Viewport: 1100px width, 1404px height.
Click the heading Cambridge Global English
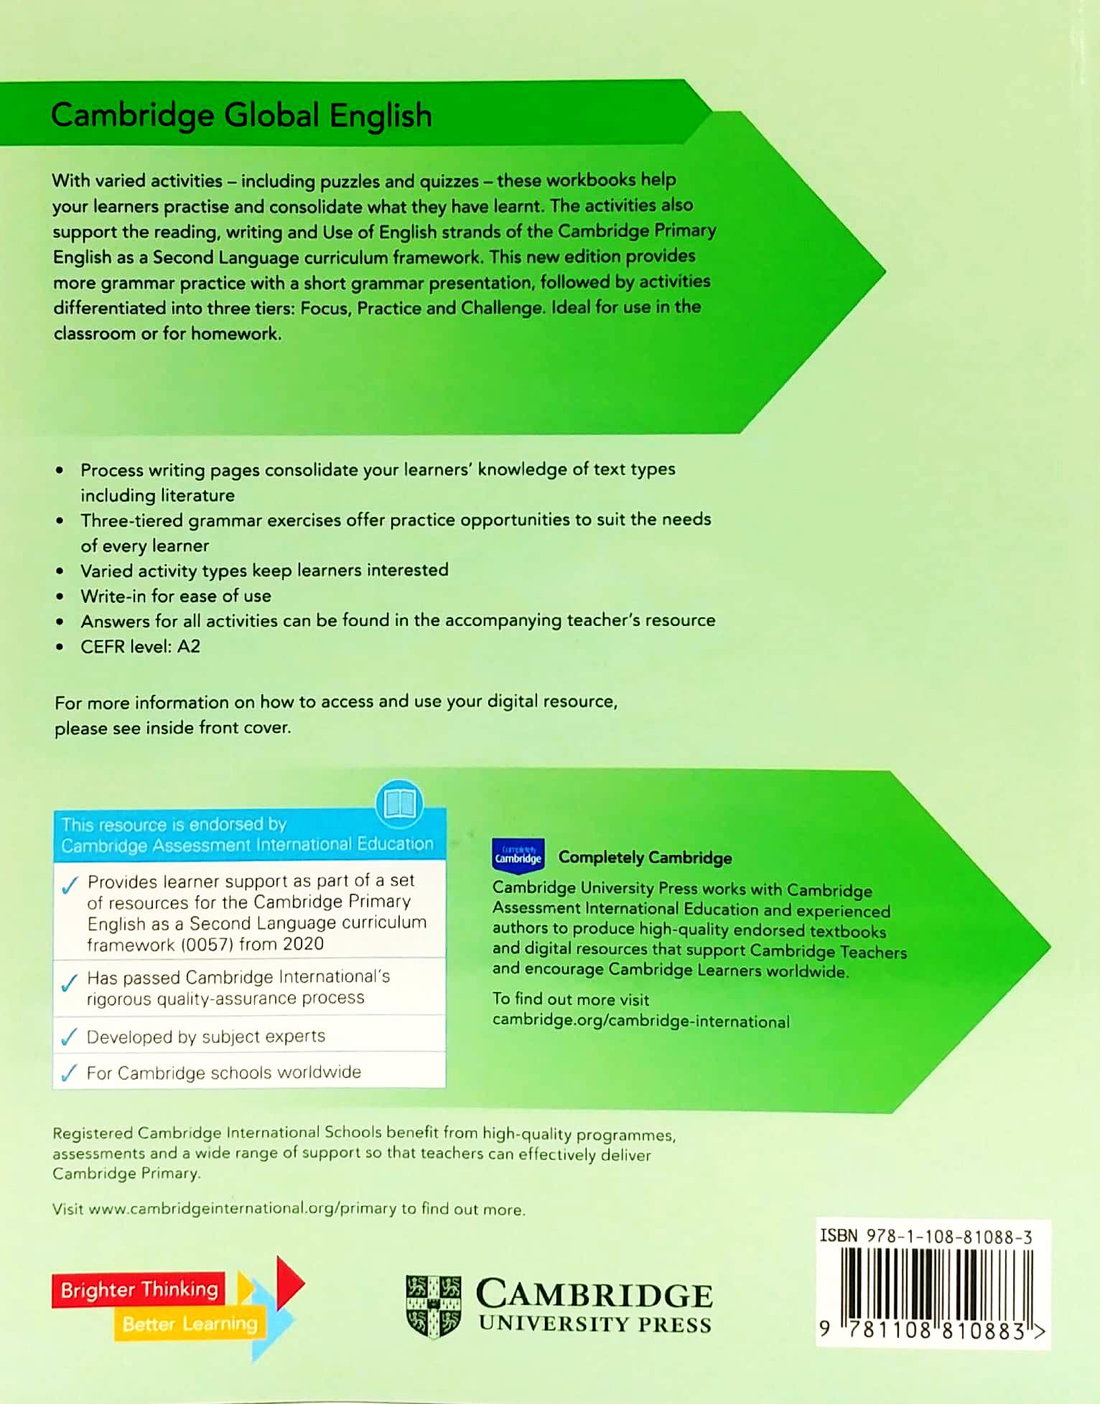coord(241,116)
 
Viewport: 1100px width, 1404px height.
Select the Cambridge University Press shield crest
coord(433,1306)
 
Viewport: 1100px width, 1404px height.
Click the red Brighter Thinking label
coord(139,1290)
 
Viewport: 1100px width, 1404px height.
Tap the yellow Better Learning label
coord(190,1324)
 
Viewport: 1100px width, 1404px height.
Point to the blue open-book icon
coord(399,803)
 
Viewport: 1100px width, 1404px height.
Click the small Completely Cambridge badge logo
coord(518,856)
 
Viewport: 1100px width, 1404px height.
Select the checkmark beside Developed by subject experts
coord(69,1037)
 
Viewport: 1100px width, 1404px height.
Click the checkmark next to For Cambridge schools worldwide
coord(69,1073)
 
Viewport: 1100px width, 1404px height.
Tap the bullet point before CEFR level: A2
coord(60,647)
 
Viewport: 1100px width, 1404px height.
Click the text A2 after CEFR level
coord(189,646)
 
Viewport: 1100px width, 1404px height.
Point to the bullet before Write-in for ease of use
coord(60,596)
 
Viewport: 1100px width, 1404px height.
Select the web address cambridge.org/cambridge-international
coord(640,1021)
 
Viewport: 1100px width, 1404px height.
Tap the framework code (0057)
coord(207,945)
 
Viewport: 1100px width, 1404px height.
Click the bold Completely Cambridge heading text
coord(645,857)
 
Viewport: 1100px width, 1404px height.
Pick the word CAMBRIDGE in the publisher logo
coord(594,1294)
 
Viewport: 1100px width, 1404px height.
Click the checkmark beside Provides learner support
coord(70,886)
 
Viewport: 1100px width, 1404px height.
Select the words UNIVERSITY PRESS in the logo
coord(595,1324)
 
